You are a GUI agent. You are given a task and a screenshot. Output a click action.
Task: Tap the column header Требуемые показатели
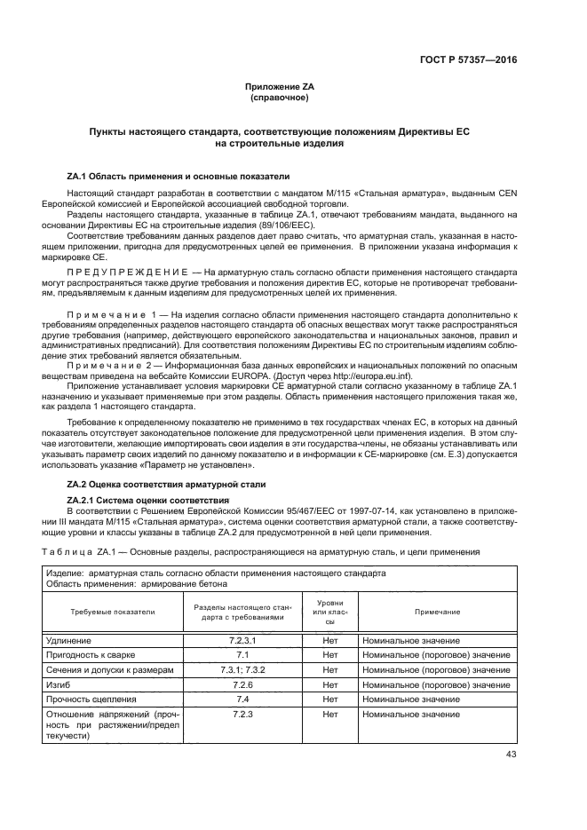tap(113, 613)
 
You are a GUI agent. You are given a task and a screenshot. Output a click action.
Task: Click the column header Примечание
tap(436, 613)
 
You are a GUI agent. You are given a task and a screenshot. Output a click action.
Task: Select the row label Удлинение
tap(67, 640)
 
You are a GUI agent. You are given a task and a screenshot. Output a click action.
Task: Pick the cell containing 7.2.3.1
tap(242, 640)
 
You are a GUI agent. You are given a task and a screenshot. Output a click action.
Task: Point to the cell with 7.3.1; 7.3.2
tap(242, 668)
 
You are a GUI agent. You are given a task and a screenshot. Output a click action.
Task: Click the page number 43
tap(511, 755)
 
